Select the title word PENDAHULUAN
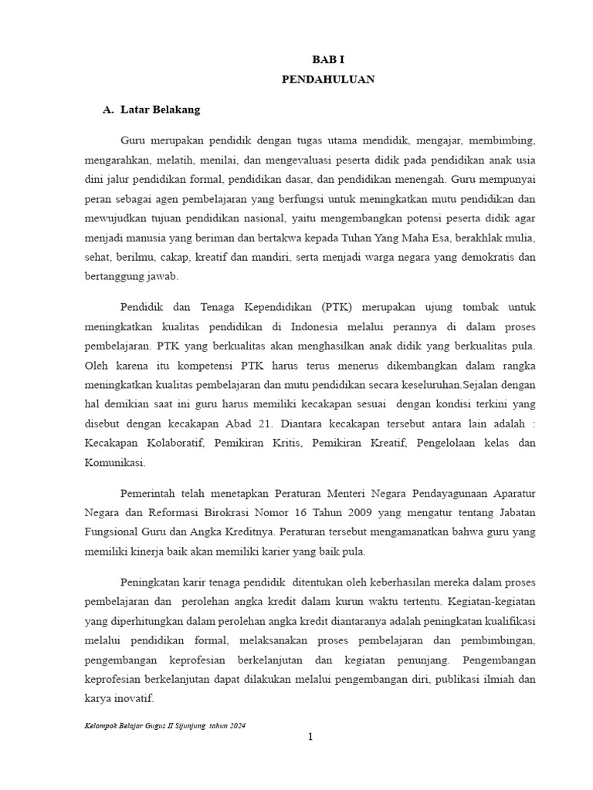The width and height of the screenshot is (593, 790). click(x=328, y=79)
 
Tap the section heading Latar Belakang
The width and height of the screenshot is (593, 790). click(x=161, y=110)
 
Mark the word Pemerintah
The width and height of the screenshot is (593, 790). click(x=152, y=493)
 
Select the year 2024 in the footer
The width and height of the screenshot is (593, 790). click(x=238, y=727)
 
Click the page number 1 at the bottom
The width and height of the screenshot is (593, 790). click(x=310, y=738)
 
